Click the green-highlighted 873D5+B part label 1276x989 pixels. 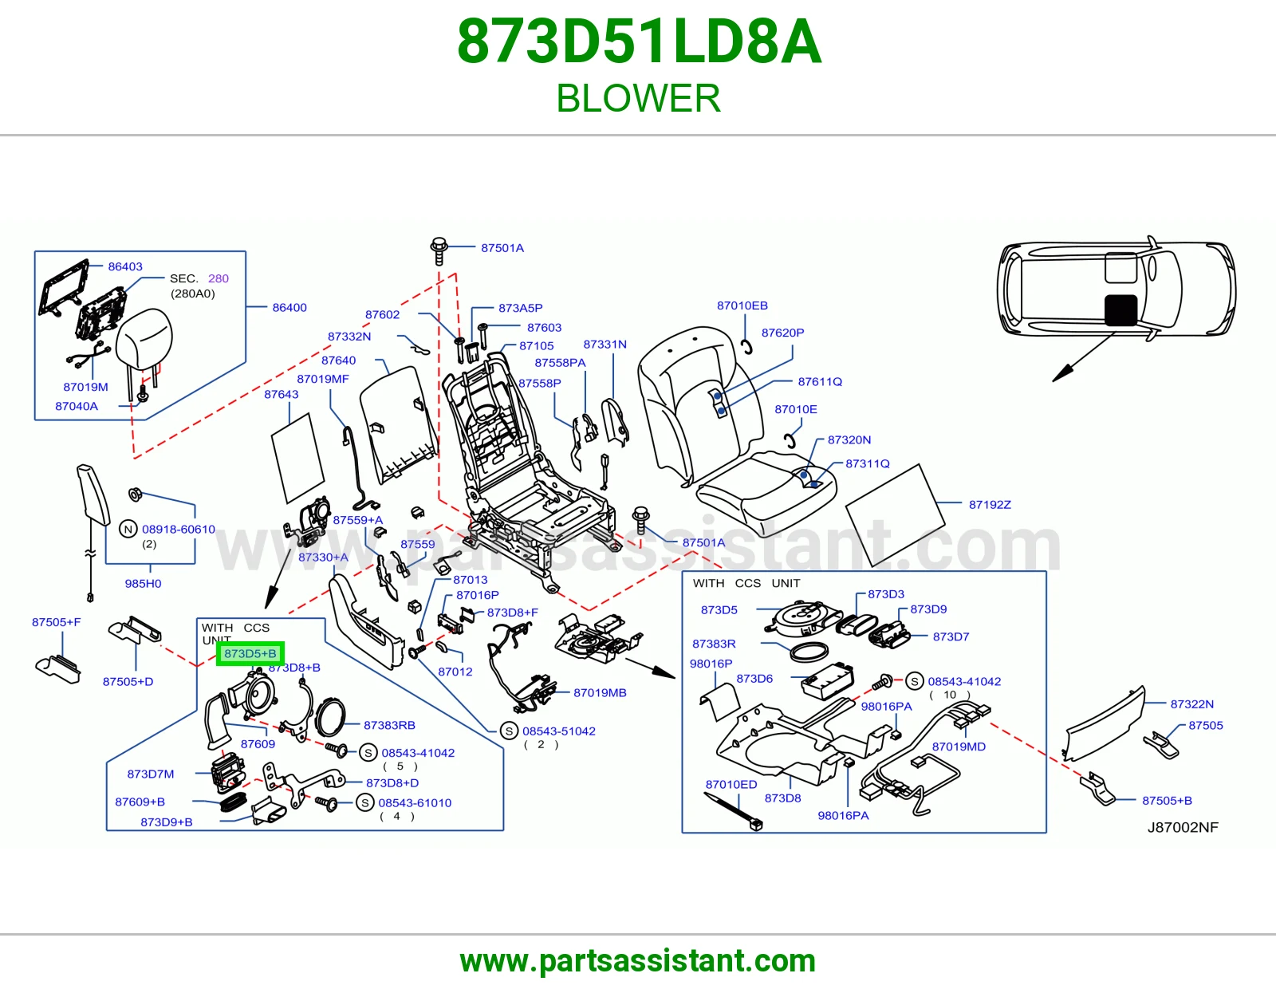coord(250,653)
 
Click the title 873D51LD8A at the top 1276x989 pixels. coord(639,41)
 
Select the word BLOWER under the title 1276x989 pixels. coord(638,98)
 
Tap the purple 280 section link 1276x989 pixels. coord(218,278)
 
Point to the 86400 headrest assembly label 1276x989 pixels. coord(289,307)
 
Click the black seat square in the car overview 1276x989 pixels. coord(1121,309)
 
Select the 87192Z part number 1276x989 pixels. coord(990,505)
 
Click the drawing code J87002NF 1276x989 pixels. coord(1183,827)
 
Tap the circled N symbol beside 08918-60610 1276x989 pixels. coord(128,529)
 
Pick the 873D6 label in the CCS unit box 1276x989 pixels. coord(754,678)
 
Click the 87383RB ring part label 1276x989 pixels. coord(389,725)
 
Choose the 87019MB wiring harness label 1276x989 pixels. coord(600,692)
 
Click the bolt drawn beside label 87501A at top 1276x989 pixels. coord(439,250)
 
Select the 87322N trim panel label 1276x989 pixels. coord(1191,703)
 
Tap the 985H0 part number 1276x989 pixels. coord(143,583)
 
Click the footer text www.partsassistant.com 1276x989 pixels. coord(638,961)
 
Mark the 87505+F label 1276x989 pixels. coord(57,622)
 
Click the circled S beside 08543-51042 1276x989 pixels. coord(509,731)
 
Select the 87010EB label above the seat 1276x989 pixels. coord(742,305)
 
